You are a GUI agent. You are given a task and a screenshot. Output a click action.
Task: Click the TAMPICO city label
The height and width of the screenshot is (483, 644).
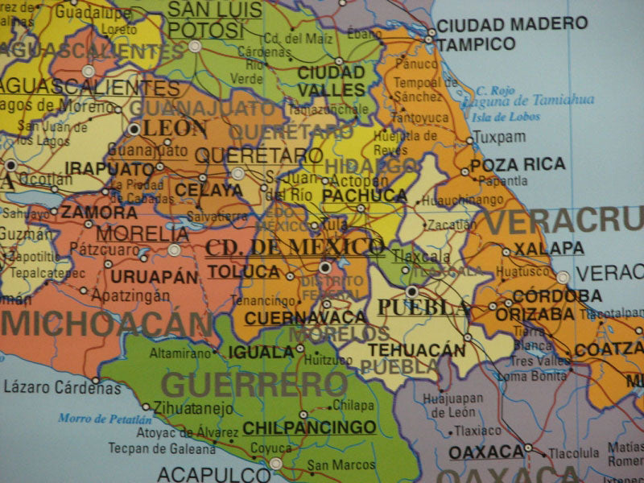coord(476,43)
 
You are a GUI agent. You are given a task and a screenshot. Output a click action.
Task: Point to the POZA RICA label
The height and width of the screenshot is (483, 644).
coord(518,164)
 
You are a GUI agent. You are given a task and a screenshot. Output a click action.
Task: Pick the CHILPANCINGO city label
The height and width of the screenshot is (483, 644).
coord(309,427)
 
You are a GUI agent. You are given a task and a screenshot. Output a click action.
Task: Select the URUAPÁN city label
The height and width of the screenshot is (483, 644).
coord(153,276)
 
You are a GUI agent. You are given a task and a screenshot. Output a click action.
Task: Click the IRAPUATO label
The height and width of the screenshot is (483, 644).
coord(109,168)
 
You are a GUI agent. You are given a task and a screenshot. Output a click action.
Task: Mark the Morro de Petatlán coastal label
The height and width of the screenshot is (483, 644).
coord(105,419)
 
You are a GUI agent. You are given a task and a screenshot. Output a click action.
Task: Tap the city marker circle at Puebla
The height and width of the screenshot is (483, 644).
coord(412,291)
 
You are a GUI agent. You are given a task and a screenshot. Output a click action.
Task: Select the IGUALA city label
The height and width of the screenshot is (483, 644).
coord(261,352)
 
